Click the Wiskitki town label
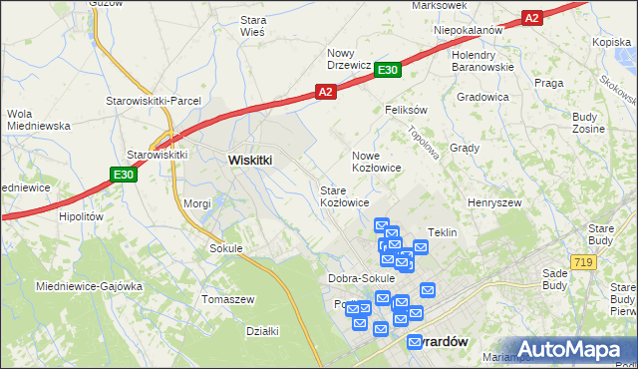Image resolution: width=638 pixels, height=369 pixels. coord(250,160)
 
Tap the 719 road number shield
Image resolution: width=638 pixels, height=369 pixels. coord(585,261)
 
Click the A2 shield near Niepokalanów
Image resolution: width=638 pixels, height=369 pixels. coord(531,18)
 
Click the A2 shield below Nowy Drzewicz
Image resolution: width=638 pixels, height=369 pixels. coord(325,91)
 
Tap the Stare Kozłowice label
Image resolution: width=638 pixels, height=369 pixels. coord(343,195)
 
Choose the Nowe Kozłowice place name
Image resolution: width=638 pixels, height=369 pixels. coord(376,162)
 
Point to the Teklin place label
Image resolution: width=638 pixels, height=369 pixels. coord(442,232)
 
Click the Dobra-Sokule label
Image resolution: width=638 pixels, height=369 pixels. coord(361,278)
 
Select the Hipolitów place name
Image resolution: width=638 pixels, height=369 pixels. coord(82,215)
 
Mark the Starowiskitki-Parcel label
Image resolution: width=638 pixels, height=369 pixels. coord(155,101)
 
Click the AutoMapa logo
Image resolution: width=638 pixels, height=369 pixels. coord(573,348)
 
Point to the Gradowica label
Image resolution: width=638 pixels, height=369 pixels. coord(483,97)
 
